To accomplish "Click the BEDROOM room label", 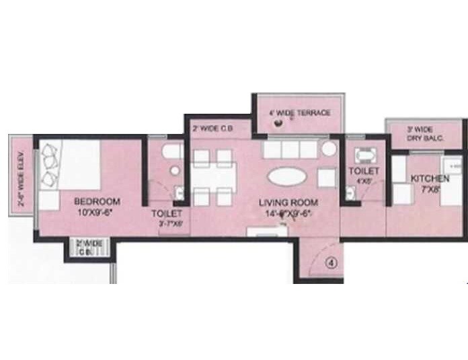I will tap(97, 201).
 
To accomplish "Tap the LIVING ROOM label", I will tap(291, 202).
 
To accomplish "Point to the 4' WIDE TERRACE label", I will tap(299, 113).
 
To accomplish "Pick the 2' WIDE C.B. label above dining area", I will tap(212, 127).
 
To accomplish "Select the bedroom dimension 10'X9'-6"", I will tap(97, 212).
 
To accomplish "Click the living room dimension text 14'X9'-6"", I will tap(291, 213).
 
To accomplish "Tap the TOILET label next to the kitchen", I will tap(363, 172).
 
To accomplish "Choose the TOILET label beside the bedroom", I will tap(166, 214).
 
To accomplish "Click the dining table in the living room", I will tap(212, 177).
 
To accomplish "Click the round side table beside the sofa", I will tap(328, 149).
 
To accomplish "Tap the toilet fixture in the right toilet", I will tap(364, 156).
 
